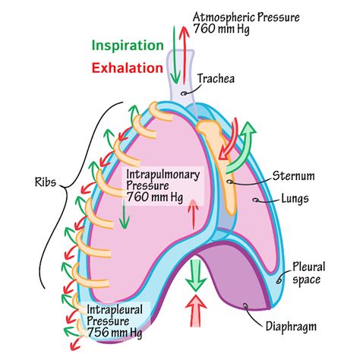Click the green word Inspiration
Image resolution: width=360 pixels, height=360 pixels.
(127, 45)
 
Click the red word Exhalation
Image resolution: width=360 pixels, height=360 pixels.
(127, 67)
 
